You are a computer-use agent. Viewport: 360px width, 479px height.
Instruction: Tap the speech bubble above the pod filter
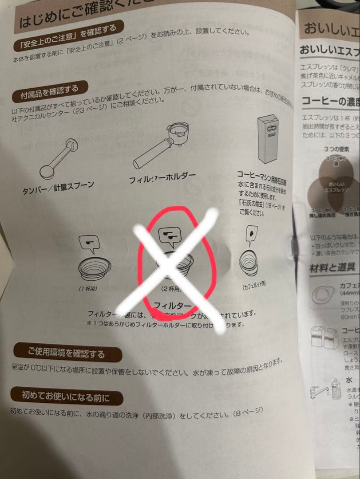252,234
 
